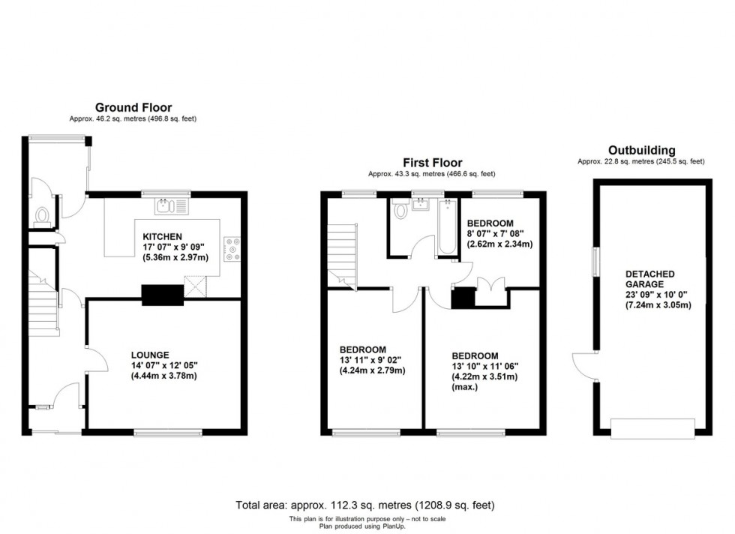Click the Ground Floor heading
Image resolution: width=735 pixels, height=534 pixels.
(x=133, y=108)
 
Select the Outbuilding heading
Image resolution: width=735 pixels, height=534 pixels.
(x=641, y=150)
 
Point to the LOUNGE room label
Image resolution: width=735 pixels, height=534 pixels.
(x=150, y=355)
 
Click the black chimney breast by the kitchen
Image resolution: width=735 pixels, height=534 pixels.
(x=163, y=295)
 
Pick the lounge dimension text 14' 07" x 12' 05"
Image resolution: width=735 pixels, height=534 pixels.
(x=163, y=365)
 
